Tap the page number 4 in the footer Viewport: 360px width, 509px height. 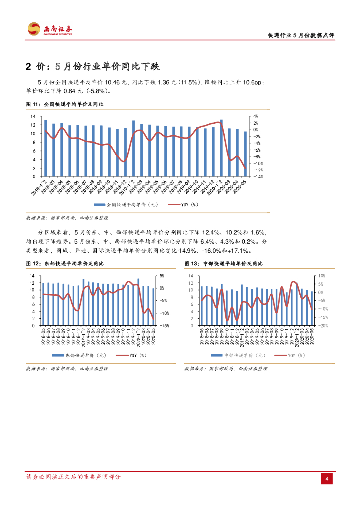pyautogui.click(x=327, y=479)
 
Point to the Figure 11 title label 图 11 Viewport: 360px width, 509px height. pyautogui.click(x=32, y=104)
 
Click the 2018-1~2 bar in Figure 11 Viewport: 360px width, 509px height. pyautogui.click(x=46, y=148)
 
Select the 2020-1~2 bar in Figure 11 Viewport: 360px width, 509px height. pyautogui.click(x=221, y=148)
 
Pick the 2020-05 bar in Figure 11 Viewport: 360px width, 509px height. pyautogui.click(x=245, y=154)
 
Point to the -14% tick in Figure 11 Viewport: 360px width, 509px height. pyautogui.click(x=260, y=176)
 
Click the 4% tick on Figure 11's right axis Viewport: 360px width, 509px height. pyautogui.click(x=257, y=116)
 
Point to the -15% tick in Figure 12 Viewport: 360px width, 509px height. pyautogui.click(x=163, y=326)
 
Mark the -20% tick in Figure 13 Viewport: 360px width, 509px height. pyautogui.click(x=322, y=326)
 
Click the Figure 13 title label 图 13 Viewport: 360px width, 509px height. pyautogui.click(x=191, y=263)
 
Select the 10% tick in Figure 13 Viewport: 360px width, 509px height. pyautogui.click(x=321, y=276)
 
